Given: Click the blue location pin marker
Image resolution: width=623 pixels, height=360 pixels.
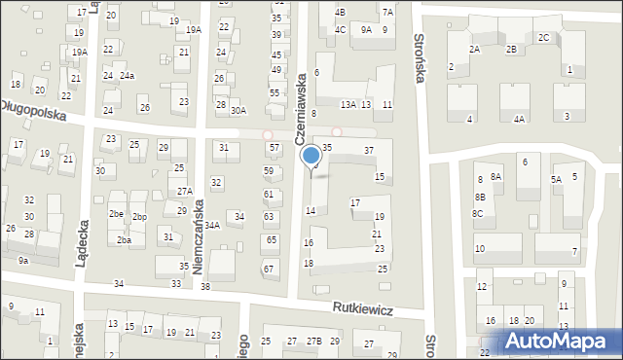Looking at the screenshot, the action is (x=311, y=156).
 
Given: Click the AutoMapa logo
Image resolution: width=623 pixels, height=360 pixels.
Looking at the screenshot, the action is (x=562, y=341).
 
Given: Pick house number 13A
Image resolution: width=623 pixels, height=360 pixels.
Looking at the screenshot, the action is (x=348, y=104).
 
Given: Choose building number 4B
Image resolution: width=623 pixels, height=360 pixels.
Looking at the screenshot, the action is (x=340, y=12).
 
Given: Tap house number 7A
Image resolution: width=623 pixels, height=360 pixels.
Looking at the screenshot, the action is (x=387, y=12).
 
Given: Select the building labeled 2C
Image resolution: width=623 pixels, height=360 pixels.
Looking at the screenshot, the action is (x=544, y=37).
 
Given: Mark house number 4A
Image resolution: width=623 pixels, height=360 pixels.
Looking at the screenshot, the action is (x=520, y=119).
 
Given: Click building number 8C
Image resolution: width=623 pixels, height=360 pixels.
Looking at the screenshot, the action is (x=478, y=213).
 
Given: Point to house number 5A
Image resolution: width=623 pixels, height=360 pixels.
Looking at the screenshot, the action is (x=557, y=179).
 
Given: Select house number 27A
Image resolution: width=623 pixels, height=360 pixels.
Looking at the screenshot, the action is (x=184, y=191).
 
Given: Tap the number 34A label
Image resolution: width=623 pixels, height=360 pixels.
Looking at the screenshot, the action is (x=211, y=225).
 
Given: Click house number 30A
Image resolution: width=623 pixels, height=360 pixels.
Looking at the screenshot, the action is (x=238, y=111).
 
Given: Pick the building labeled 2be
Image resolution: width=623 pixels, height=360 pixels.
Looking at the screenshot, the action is (x=116, y=213).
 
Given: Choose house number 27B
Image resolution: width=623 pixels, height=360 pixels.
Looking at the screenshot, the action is (x=313, y=342).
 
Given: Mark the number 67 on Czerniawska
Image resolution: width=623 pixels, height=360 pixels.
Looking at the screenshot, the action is (x=268, y=269).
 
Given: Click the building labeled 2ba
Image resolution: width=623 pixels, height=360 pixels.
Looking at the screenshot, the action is (x=124, y=239).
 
